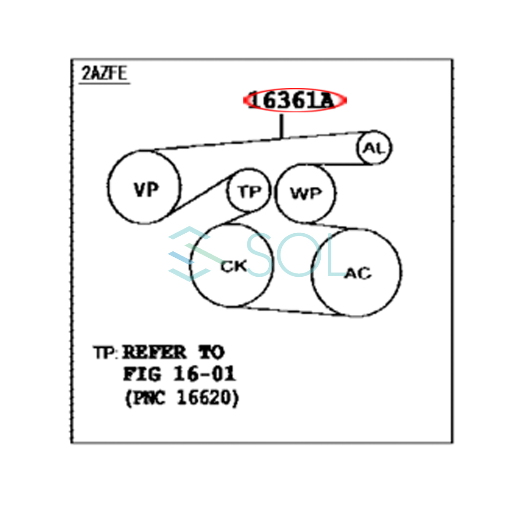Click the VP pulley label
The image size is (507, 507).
pos(146,190)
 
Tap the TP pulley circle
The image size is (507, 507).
pos(249,192)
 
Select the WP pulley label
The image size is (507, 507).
pos(306,194)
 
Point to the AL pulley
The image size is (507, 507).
pos(374,148)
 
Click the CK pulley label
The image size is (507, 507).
pos(233,266)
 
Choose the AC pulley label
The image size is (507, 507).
pos(357,273)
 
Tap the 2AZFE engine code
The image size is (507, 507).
pos(104,74)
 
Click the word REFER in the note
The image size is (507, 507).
pos(154,352)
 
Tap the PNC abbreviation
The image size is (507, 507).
pos(149,398)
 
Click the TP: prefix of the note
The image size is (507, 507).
pos(104,353)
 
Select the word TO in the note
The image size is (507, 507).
pos(212,352)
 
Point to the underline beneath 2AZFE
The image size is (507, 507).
pos(104,83)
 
